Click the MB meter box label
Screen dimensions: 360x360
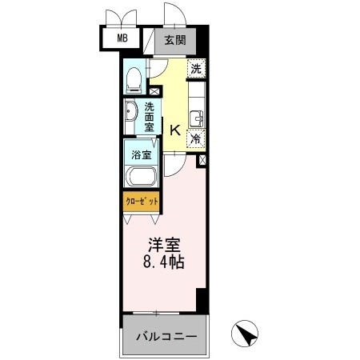122,38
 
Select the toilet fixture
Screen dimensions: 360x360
135,78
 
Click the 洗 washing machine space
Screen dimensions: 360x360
196,69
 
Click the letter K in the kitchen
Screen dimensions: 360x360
175,130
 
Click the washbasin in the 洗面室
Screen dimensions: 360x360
131,114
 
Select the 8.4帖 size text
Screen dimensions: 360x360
164,262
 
